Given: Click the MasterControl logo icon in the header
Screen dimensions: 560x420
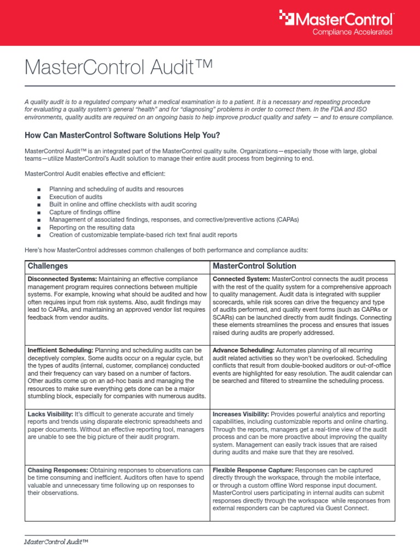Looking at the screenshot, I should pyautogui.click(x=287, y=17).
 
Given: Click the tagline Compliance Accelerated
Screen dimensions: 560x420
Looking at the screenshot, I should pyautogui.click(x=352, y=32).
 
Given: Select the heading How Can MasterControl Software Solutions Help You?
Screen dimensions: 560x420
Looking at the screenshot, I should pyautogui.click(x=122, y=135).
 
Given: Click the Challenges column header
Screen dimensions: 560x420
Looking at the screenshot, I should pyautogui.click(x=48, y=266).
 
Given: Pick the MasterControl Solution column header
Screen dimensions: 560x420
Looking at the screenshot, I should pyautogui.click(x=254, y=266).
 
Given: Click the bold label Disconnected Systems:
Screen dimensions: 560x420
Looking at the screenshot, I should pyautogui.click(x=62, y=279).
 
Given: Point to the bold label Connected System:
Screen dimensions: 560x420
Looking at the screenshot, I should pyautogui.click(x=241, y=279).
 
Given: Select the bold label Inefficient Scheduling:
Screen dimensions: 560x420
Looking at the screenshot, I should pyautogui.click(x=60, y=349).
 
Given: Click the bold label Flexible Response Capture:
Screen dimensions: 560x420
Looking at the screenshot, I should pyautogui.click(x=253, y=470).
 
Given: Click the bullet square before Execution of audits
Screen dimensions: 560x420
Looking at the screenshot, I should pyautogui.click(x=39, y=197).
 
